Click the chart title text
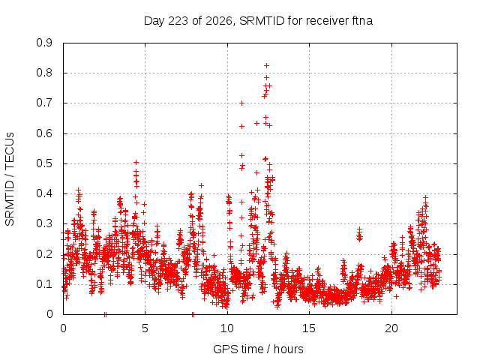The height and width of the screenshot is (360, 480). [x=258, y=21]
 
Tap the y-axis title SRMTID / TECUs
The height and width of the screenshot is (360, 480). [x=10, y=179]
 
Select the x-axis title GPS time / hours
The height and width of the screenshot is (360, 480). [x=258, y=349]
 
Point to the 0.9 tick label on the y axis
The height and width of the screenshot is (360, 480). [x=44, y=43]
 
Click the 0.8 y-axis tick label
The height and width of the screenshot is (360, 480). [x=44, y=73]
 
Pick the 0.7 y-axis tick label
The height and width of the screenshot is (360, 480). [x=44, y=103]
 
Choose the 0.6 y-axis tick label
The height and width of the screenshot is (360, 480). [x=44, y=133]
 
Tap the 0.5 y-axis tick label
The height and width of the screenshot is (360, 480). [x=44, y=163]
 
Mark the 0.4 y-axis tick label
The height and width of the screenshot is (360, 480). [x=44, y=193]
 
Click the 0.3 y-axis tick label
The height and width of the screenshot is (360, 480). [x=44, y=223]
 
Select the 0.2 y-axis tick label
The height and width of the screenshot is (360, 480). [x=44, y=253]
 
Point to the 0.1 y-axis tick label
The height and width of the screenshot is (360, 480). [x=44, y=284]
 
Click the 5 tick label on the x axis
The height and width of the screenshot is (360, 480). [x=145, y=328]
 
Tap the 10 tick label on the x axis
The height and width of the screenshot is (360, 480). [x=227, y=328]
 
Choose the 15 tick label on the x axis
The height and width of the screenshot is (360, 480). [x=309, y=328]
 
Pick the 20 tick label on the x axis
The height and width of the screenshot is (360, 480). [x=391, y=328]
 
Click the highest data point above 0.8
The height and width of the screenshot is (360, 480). [x=267, y=65]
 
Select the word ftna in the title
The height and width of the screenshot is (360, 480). [x=362, y=21]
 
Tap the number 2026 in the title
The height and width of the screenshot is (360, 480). [x=219, y=21]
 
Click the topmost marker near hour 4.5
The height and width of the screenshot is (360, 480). [x=136, y=162]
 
